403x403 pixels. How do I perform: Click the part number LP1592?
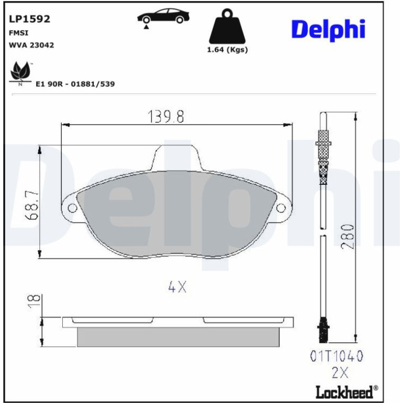tap(29, 19)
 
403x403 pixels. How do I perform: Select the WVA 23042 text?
tap(31, 45)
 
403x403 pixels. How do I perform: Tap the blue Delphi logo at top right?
tap(328, 30)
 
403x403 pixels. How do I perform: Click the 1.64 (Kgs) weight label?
tap(228, 50)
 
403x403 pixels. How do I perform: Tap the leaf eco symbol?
tap(20, 72)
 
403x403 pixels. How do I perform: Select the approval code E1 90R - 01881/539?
tap(75, 84)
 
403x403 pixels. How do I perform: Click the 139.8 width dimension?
tap(166, 117)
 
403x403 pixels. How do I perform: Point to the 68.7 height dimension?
tap(32, 205)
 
